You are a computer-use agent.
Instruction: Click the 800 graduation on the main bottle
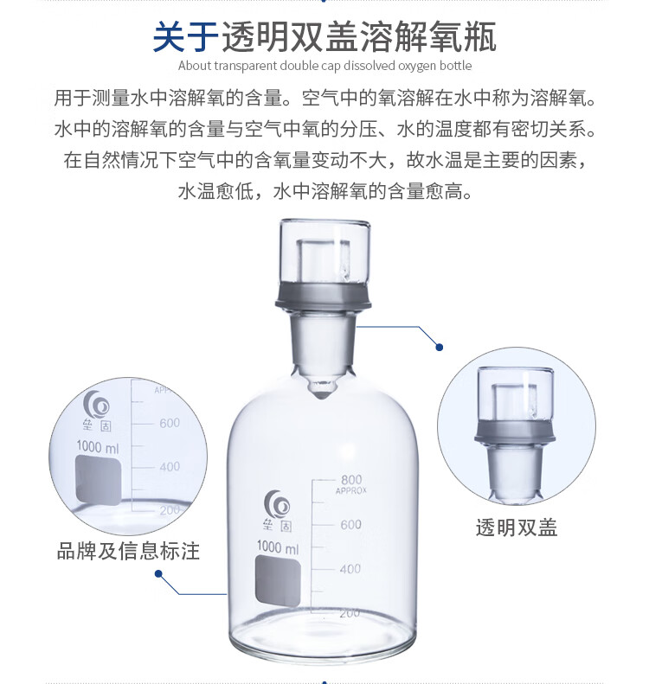[x=351, y=480]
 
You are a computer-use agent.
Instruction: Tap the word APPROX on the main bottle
[x=351, y=491]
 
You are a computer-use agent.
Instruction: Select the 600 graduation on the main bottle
[x=351, y=524]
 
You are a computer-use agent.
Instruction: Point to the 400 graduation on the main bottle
[x=350, y=569]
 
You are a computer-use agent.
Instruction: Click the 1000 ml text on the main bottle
[x=278, y=547]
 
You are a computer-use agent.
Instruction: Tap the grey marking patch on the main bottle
[x=278, y=581]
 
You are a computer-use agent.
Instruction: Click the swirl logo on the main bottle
[x=277, y=504]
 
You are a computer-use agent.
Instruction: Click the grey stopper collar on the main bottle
[x=324, y=297]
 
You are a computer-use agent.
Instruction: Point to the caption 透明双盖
[x=517, y=527]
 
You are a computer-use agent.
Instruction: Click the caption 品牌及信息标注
[x=128, y=551]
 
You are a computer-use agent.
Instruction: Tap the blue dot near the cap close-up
[x=440, y=348]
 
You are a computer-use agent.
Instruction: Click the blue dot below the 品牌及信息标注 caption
[x=159, y=573]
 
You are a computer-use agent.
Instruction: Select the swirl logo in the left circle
[x=96, y=404]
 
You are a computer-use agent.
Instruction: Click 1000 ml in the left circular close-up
[x=97, y=447]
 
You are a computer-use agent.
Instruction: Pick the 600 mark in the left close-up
[x=170, y=423]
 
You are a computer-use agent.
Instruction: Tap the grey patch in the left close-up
[x=98, y=480]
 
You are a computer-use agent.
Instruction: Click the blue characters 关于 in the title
[x=186, y=37]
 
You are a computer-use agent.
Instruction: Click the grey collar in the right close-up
[x=515, y=431]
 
